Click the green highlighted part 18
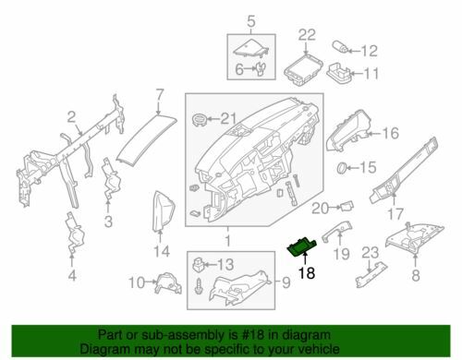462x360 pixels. (x=302, y=246)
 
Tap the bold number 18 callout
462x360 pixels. (x=307, y=272)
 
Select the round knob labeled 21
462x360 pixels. (x=200, y=119)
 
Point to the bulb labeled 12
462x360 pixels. (x=341, y=48)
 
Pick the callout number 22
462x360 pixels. (x=307, y=35)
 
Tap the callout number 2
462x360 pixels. (x=71, y=117)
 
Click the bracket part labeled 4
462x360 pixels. (x=74, y=233)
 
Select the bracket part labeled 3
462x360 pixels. (x=111, y=178)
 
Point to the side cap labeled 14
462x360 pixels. (x=164, y=210)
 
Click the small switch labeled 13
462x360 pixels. (x=198, y=265)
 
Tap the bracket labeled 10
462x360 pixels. (x=168, y=282)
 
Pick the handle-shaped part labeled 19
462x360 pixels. (x=337, y=231)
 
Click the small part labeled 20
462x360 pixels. (x=346, y=206)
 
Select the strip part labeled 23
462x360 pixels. (x=371, y=274)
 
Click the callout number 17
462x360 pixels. (x=395, y=214)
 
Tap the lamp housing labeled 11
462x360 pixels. (x=338, y=73)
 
